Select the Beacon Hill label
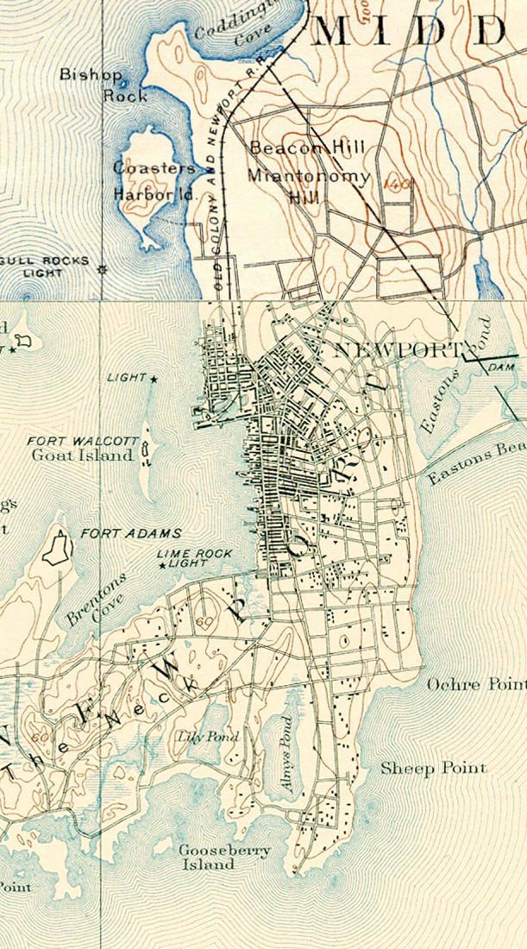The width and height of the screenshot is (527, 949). click(307, 148)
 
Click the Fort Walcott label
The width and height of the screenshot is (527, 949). click(82, 441)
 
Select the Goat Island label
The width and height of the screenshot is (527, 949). click(82, 455)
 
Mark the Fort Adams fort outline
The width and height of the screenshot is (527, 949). click(58, 548)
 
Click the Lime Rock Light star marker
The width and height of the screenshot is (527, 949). click(162, 565)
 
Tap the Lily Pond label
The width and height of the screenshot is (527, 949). click(209, 736)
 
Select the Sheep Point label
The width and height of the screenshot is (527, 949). click(433, 768)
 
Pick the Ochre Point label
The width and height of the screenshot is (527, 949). click(476, 685)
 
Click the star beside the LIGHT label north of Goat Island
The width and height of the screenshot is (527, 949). click(153, 379)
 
